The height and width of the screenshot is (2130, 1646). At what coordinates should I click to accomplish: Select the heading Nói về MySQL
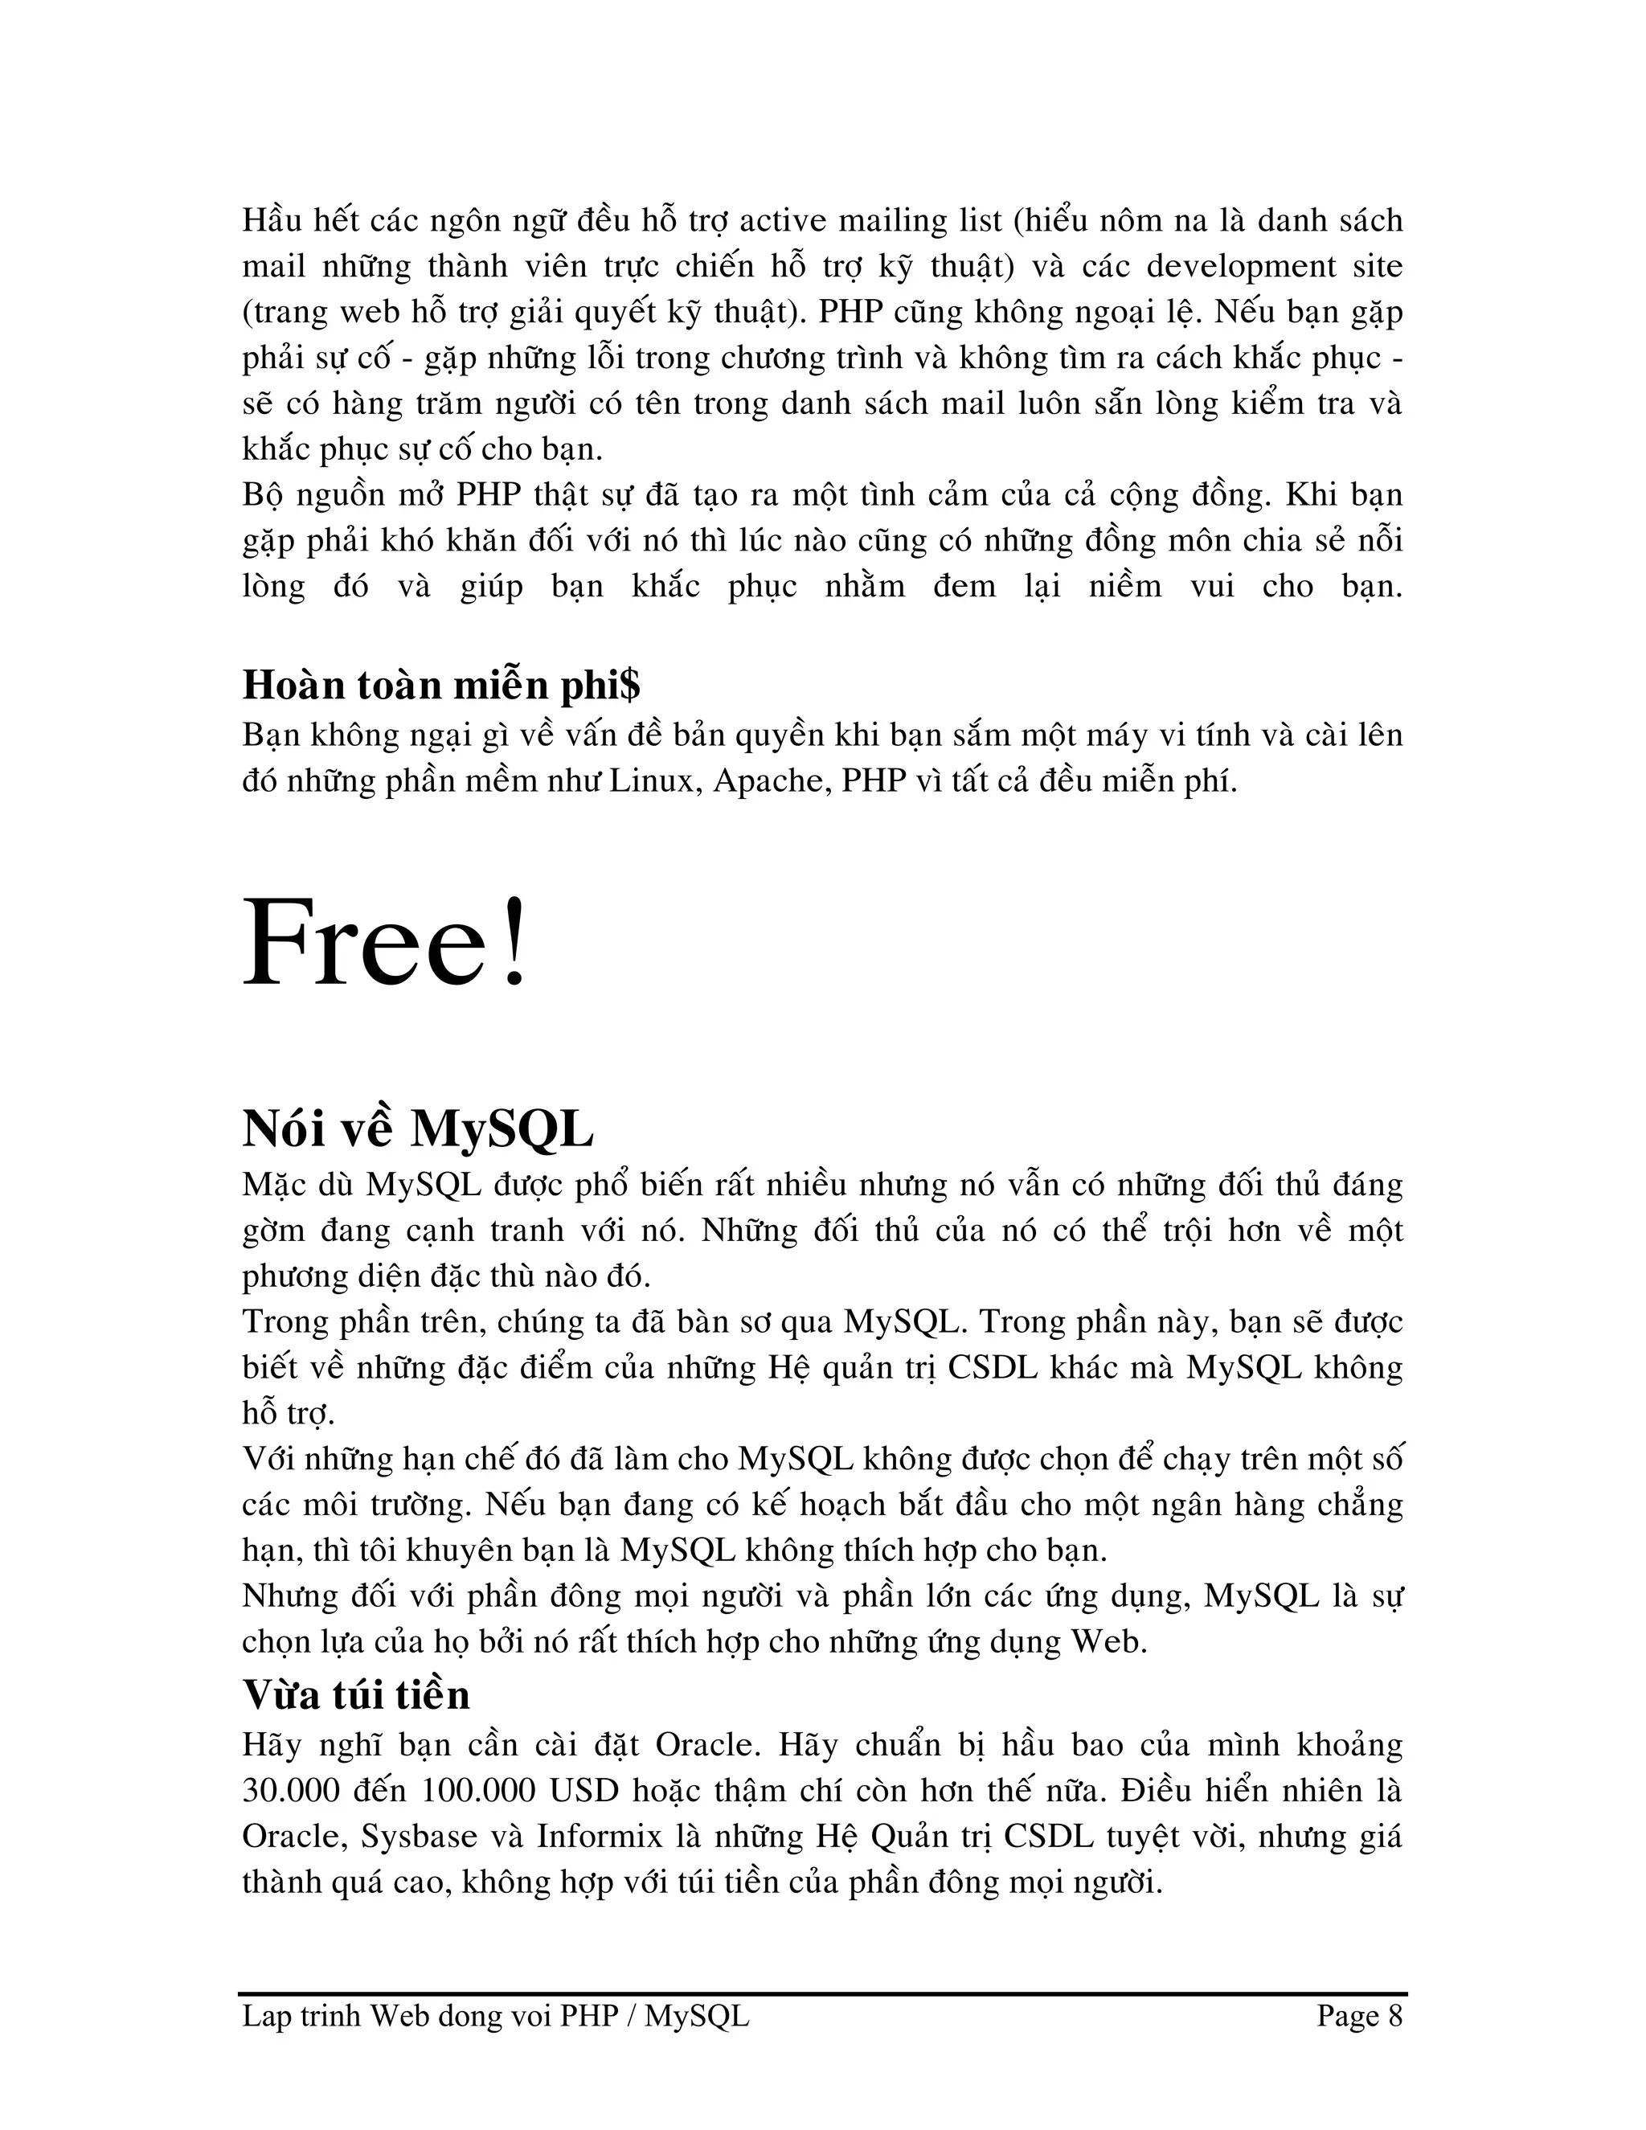[x=417, y=1129]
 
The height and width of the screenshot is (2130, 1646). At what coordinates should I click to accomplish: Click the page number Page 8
[x=1359, y=2016]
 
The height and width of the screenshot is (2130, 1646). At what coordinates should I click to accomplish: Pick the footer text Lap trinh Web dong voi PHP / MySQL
[x=495, y=2016]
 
